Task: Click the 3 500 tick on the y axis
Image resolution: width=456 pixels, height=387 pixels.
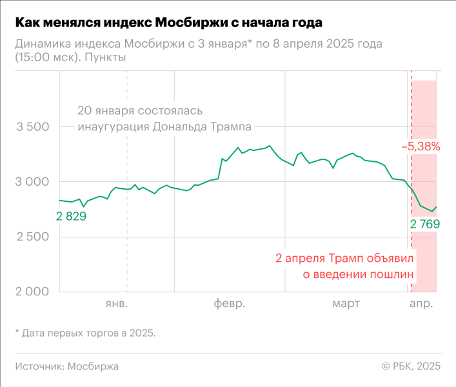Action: pos(32,127)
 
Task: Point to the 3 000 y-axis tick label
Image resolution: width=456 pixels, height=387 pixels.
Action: pos(32,182)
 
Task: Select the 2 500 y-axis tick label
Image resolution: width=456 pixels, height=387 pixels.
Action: pos(32,237)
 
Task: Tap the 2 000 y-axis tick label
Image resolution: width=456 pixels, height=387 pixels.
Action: pos(32,292)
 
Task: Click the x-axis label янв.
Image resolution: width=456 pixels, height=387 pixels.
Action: pos(117,303)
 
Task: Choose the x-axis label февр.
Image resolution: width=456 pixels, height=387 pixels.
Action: pos(230,303)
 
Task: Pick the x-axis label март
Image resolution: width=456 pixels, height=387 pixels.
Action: pos(347,303)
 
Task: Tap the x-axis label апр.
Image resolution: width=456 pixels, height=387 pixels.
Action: pos(422,303)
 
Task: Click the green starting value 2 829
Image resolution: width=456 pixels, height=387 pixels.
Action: pos(71,216)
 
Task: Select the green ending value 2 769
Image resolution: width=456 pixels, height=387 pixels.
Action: pos(424,224)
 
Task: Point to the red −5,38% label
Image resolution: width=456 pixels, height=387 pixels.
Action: pos(421,146)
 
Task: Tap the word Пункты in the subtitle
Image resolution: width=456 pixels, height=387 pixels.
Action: pos(104,57)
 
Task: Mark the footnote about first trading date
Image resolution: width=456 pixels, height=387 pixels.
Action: pos(85,333)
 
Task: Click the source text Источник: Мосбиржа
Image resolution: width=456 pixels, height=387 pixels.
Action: pos(67,366)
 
